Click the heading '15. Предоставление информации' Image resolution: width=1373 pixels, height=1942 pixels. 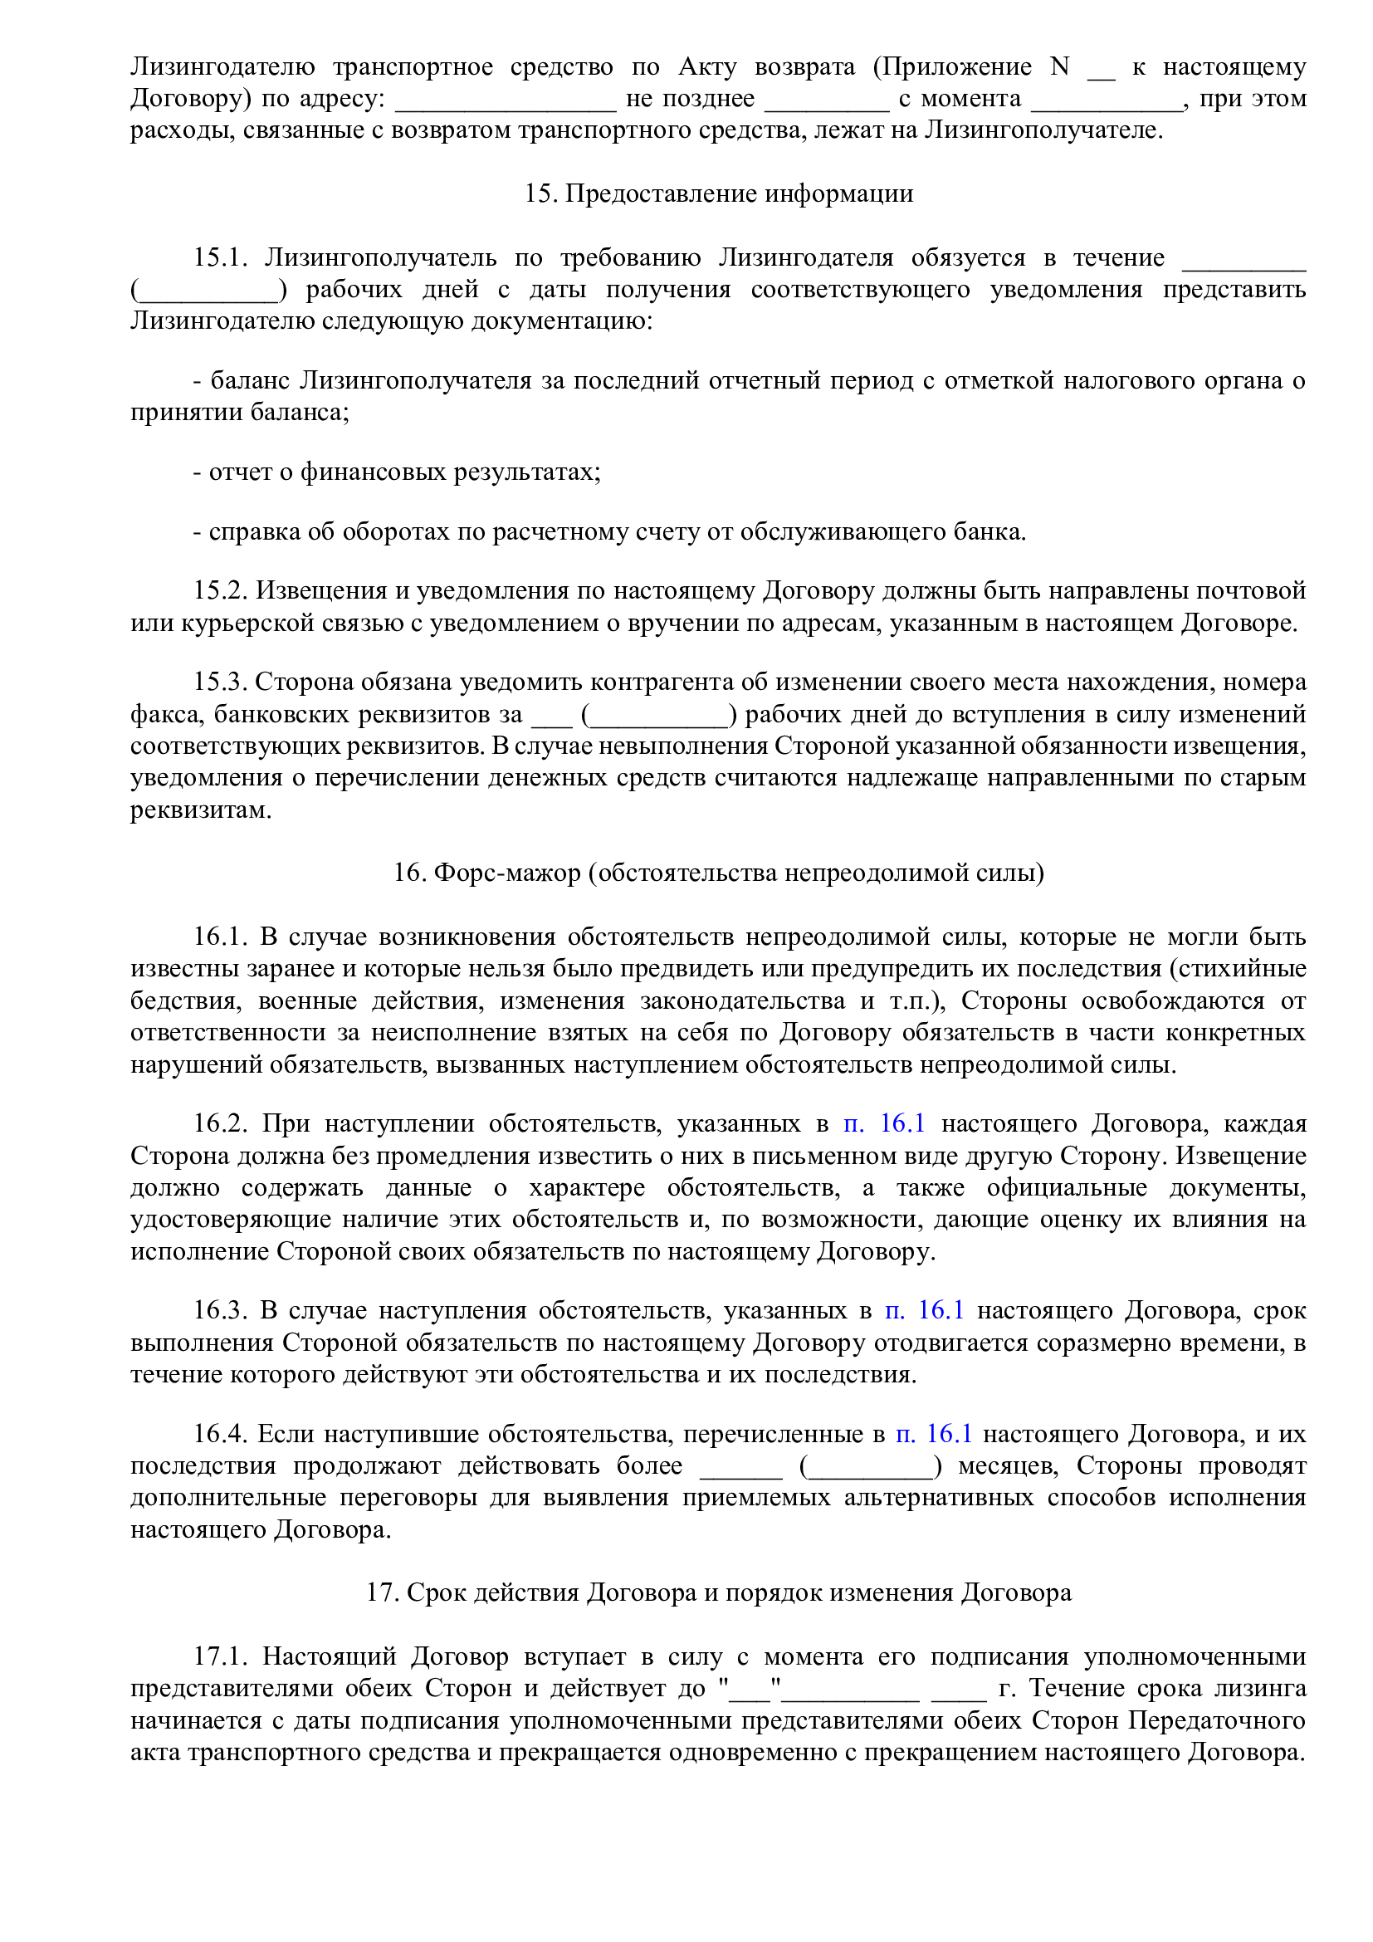[718, 193]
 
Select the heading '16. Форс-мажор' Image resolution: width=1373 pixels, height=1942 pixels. [718, 872]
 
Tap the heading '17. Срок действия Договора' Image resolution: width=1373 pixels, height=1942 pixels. [718, 1592]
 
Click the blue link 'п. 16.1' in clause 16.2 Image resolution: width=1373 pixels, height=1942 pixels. [883, 1123]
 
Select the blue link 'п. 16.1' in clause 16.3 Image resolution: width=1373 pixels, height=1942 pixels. [924, 1310]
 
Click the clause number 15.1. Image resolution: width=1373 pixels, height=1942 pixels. [219, 257]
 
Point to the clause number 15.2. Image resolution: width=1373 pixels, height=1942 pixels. [219, 589]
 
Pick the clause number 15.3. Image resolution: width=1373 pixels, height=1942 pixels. [219, 681]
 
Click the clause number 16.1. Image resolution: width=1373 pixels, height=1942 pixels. [219, 937]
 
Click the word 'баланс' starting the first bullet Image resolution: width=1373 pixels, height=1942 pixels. [249, 380]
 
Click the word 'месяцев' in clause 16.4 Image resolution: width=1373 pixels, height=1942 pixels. [1007, 1465]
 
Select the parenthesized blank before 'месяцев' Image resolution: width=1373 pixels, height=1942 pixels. [870, 1467]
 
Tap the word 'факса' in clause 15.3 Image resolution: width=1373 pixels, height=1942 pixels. [166, 715]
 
